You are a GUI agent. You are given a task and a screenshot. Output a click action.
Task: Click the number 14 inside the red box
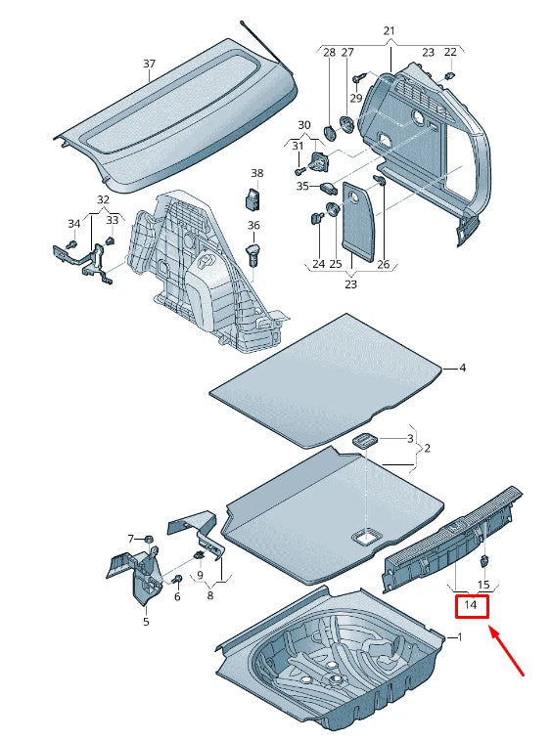[471, 606]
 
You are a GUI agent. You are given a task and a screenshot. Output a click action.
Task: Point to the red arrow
[508, 652]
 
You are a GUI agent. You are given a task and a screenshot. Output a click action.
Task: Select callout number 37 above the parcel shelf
[149, 65]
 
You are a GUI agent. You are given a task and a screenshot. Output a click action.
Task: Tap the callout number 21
[390, 32]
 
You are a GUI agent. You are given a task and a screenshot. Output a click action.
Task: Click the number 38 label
[256, 173]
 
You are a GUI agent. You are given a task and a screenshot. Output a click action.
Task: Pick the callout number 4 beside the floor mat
[463, 368]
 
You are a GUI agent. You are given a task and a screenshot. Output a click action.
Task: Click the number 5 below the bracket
[146, 621]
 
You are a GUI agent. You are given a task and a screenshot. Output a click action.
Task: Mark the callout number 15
[482, 585]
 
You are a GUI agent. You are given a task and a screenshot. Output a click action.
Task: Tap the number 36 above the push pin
[253, 226]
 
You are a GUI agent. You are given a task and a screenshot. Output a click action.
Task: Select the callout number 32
[103, 200]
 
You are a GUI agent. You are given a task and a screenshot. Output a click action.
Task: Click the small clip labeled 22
[449, 74]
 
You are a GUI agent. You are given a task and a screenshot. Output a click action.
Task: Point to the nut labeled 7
[148, 539]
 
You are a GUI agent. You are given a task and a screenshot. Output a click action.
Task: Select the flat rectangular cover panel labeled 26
[360, 224]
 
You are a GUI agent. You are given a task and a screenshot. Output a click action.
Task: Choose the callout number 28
[329, 52]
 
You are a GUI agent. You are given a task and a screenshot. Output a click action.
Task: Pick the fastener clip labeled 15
[483, 561]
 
